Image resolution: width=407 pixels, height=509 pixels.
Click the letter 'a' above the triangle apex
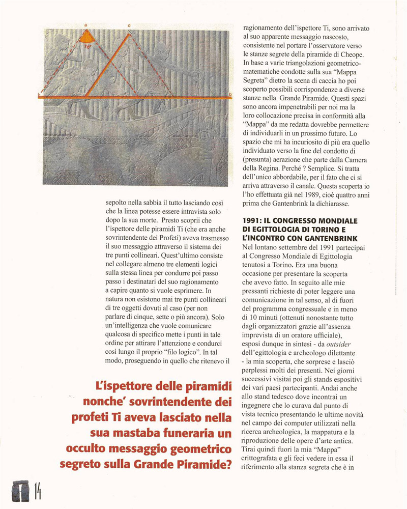click(x=86, y=24)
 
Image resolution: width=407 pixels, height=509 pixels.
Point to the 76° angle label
click(x=88, y=45)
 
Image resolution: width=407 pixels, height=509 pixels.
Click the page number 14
click(x=38, y=492)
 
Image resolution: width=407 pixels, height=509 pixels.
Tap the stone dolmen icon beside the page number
click(x=18, y=491)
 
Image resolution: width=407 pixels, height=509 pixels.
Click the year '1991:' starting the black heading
click(x=255, y=221)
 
